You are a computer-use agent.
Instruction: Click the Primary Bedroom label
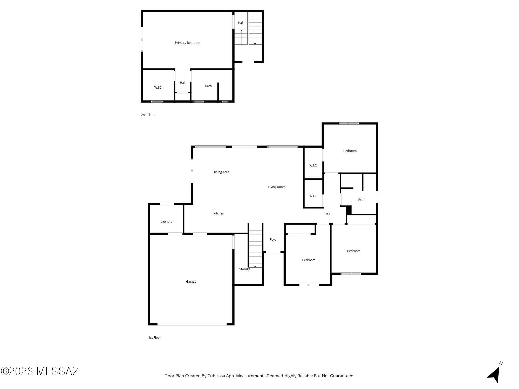click(x=187, y=43)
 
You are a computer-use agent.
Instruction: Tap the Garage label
click(x=191, y=282)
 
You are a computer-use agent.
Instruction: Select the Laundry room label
click(x=166, y=221)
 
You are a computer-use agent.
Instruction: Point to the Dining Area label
click(x=221, y=172)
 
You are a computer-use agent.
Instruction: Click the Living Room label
click(x=277, y=187)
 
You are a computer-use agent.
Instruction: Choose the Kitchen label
click(x=218, y=213)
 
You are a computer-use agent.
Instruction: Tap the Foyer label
click(x=274, y=240)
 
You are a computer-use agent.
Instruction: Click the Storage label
click(x=244, y=269)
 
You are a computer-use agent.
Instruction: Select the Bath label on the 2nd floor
click(x=208, y=86)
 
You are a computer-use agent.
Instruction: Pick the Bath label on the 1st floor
click(x=361, y=199)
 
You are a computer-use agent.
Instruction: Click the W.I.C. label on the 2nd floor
click(x=158, y=88)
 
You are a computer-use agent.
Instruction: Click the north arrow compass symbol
click(x=495, y=374)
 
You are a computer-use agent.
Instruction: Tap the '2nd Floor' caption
click(x=148, y=115)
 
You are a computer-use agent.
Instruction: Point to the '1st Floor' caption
click(x=154, y=338)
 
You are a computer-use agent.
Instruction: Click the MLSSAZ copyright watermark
click(x=40, y=371)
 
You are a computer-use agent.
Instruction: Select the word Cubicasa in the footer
click(x=216, y=376)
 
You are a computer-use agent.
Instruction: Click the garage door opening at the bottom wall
click(x=192, y=324)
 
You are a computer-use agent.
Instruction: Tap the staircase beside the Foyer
click(x=255, y=246)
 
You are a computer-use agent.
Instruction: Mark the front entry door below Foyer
click(x=273, y=252)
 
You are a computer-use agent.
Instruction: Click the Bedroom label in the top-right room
click(x=350, y=151)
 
